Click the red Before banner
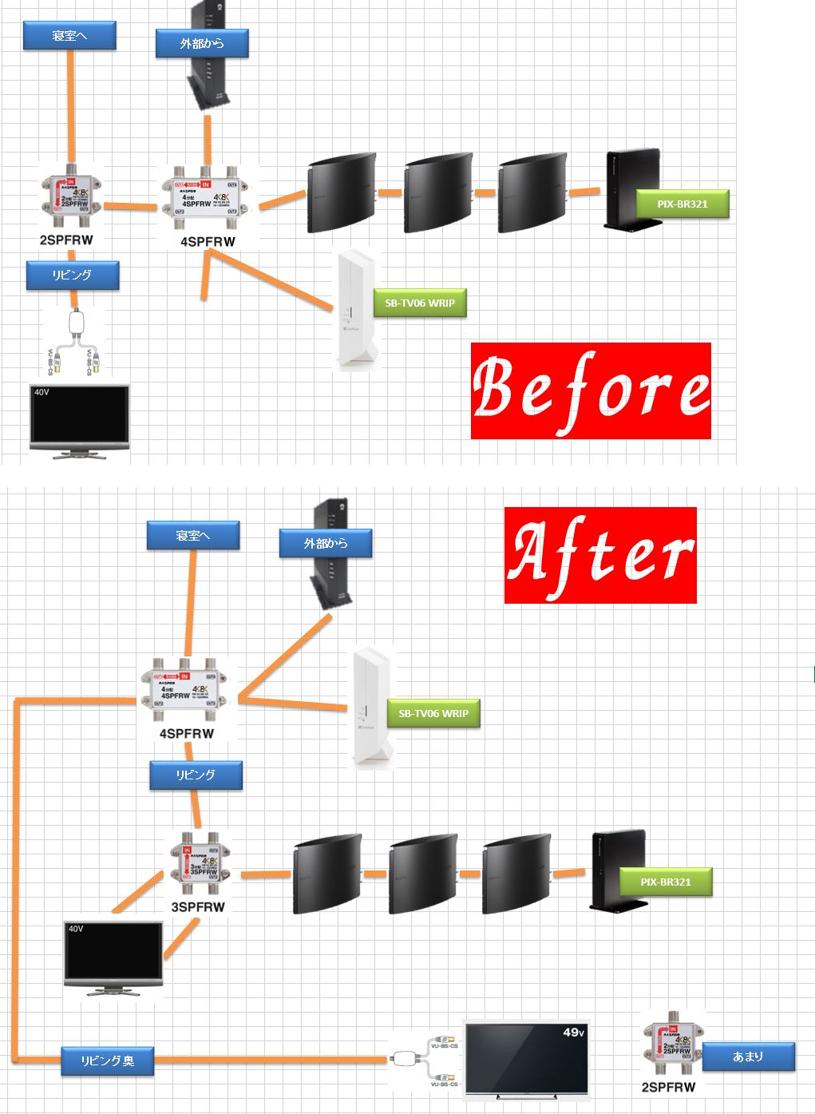click(590, 390)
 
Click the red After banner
click(600, 555)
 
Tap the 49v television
click(527, 1058)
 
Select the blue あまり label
click(748, 1057)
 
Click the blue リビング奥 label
click(107, 1060)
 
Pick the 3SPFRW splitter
click(199, 866)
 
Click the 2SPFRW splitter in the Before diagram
click(71, 196)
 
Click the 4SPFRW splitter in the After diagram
click(188, 688)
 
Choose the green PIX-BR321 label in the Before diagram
click(682, 204)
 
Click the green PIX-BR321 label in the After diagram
click(665, 882)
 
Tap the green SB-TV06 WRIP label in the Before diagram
click(419, 303)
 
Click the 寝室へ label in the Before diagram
click(69, 35)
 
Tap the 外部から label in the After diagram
click(325, 544)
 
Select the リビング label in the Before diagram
click(72, 275)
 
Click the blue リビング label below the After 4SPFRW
click(196, 775)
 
